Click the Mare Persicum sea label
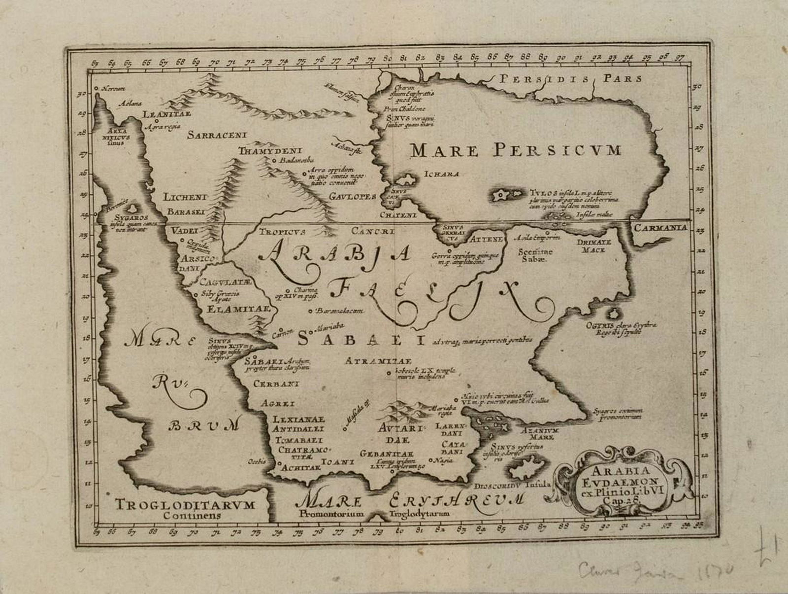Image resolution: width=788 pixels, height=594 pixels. point(516,149)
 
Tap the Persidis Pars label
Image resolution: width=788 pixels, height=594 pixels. point(570,79)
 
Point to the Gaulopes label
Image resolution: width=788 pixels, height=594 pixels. point(353,196)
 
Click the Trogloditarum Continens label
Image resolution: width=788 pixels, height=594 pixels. point(185,508)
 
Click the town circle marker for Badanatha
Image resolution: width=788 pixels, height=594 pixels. point(274,160)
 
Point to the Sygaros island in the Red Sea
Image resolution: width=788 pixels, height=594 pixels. point(132,210)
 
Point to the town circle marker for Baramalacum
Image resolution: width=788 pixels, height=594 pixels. point(310,311)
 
